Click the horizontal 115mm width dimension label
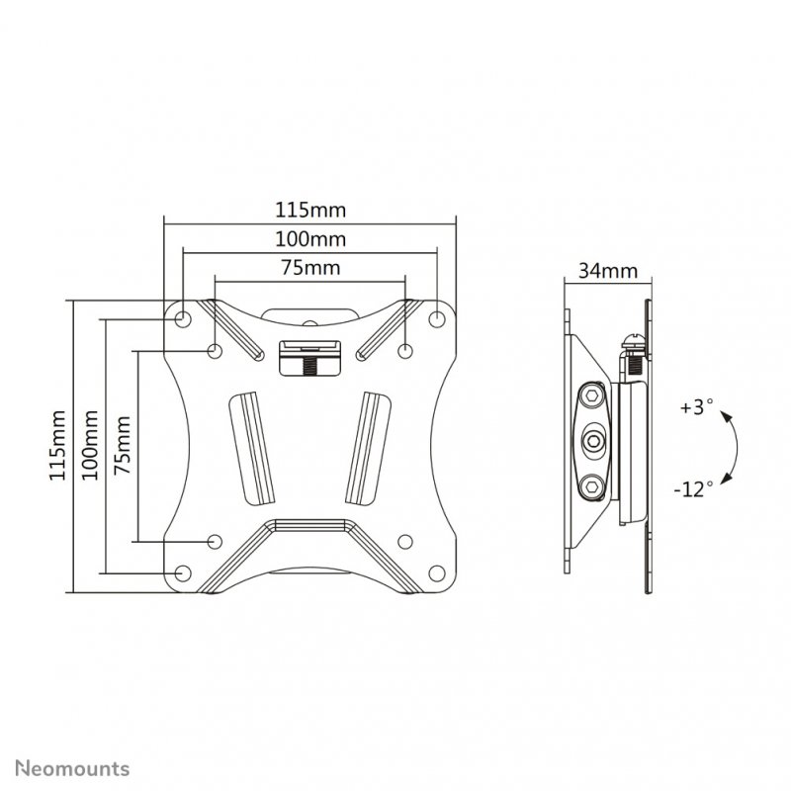coord(308,211)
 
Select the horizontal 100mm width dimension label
coord(308,239)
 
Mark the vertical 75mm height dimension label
coord(122,446)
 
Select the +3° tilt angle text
coord(696,406)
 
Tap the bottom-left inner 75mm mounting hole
coord(215,541)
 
